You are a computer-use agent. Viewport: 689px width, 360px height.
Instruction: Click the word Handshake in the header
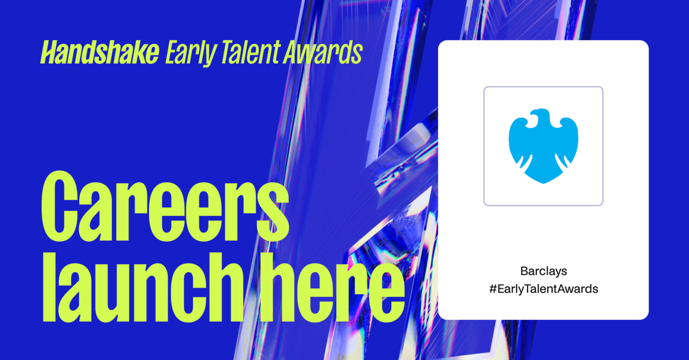tap(99, 53)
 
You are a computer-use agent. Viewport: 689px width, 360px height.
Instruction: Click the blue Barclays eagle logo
tap(543, 146)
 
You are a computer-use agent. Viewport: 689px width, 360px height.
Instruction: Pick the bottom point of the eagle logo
tap(543, 182)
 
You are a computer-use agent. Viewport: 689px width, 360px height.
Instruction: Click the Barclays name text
tap(543, 270)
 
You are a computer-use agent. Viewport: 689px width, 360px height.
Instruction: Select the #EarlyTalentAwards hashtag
tap(543, 289)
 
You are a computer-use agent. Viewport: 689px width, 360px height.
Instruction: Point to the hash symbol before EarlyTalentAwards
tap(492, 289)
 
